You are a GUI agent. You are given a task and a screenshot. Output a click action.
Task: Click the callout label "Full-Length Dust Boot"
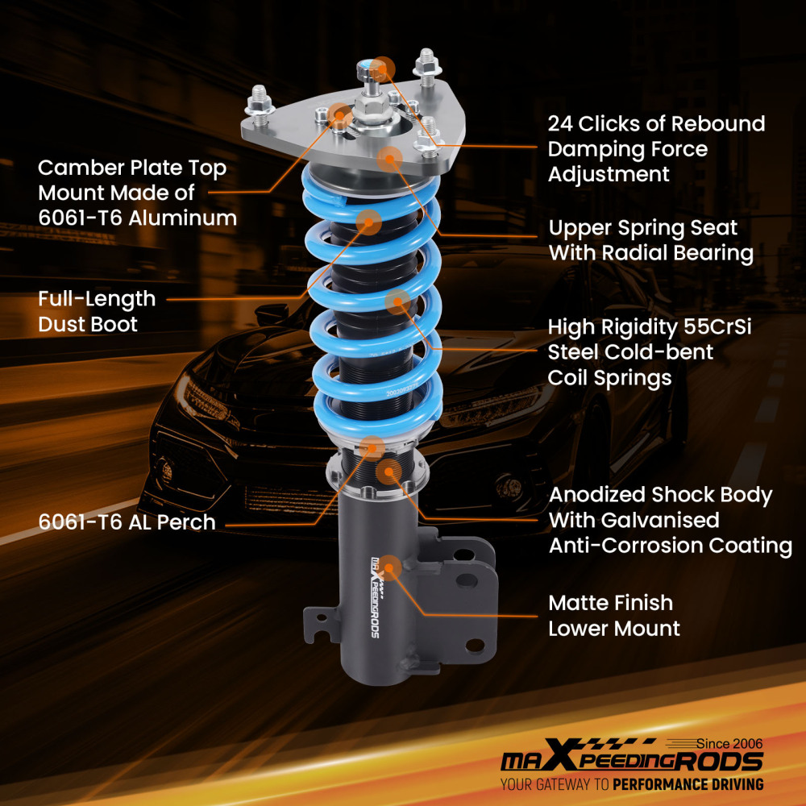pyautogui.click(x=97, y=311)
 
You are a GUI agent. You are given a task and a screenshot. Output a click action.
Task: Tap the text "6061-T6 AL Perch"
pyautogui.click(x=127, y=521)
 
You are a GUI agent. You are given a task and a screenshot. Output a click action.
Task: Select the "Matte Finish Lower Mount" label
pyautogui.click(x=613, y=615)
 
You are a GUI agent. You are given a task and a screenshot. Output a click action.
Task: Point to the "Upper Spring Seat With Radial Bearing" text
pyautogui.click(x=650, y=240)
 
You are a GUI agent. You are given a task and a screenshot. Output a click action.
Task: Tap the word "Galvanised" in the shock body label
pyautogui.click(x=634, y=520)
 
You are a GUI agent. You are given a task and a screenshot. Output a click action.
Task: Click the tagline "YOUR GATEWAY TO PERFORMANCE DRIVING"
pyautogui.click(x=631, y=783)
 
